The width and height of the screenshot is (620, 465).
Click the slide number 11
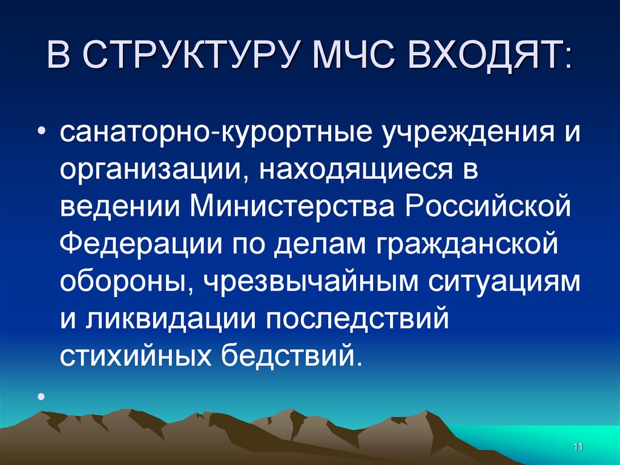(x=577, y=447)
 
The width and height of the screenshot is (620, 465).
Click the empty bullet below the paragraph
(x=41, y=397)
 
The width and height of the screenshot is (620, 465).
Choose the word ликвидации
(x=168, y=318)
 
